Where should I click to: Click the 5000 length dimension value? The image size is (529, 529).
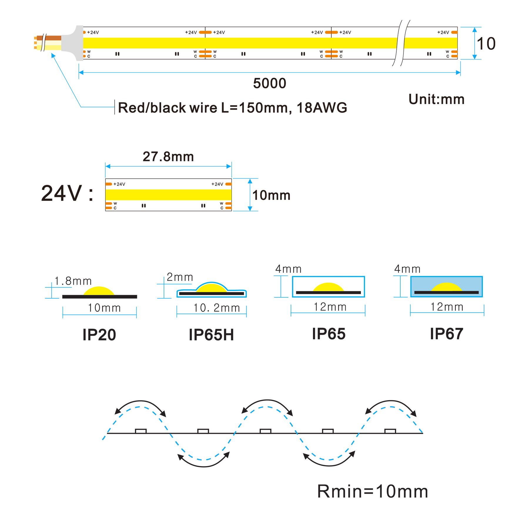tap(269, 83)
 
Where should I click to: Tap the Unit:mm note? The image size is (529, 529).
tap(436, 99)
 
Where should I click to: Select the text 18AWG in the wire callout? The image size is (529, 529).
tap(322, 108)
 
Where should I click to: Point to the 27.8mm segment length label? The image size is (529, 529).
tap(168, 157)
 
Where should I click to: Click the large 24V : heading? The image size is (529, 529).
tap(67, 193)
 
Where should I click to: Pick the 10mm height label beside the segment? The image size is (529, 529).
tap(271, 195)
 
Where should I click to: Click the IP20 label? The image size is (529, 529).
tap(99, 335)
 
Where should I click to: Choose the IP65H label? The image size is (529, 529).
tap(211, 335)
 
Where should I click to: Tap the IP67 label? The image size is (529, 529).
tap(446, 334)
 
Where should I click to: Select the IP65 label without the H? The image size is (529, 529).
tap(329, 334)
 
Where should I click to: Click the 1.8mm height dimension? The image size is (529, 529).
tap(73, 281)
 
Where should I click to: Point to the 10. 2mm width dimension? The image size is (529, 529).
tap(217, 308)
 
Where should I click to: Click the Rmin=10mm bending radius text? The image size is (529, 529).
tap(372, 491)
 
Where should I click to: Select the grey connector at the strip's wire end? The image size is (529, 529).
tap(73, 43)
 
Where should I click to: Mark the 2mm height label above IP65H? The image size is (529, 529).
tap(180, 277)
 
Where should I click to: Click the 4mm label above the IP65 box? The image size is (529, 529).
tap(288, 269)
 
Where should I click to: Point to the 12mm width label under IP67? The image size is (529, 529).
tap(447, 307)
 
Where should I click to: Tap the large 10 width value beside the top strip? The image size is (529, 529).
tap(486, 44)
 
